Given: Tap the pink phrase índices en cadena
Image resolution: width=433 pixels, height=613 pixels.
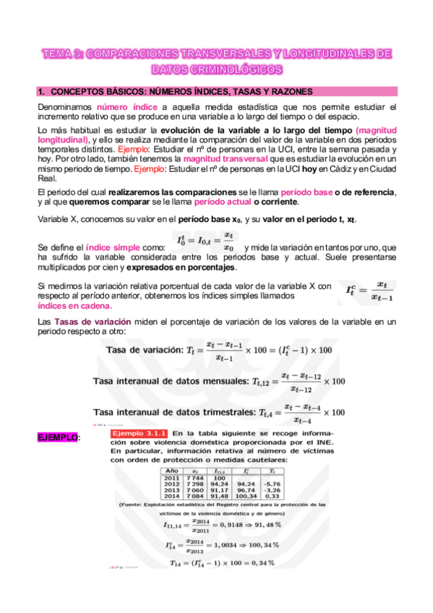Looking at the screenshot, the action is coord(72,306).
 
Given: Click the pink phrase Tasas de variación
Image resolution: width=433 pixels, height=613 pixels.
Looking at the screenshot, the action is coord(85,320).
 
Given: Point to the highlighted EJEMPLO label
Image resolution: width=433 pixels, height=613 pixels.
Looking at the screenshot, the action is coord(57,438).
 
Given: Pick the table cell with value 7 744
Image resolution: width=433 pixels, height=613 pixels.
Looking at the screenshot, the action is coord(194,478).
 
